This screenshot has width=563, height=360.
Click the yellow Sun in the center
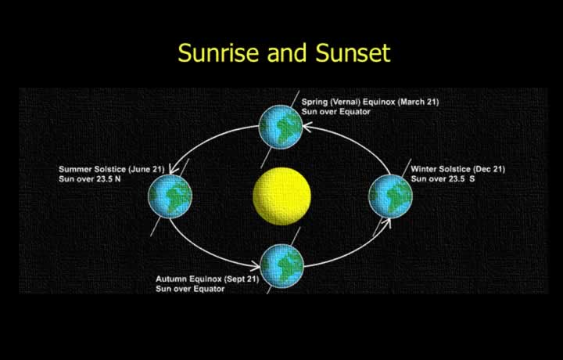coord(281,196)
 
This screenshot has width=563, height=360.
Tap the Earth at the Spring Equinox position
coord(281,128)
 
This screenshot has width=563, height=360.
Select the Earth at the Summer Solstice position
coord(170,196)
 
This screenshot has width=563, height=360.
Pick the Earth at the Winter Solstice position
coord(390,196)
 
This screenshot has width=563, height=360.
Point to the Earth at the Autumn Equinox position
coord(281,266)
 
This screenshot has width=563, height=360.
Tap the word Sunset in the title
coord(353,53)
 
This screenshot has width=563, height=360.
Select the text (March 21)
coord(418,102)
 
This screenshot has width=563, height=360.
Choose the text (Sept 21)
coord(242,279)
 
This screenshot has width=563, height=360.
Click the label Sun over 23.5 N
coord(90,179)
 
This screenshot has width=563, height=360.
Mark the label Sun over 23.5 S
coord(443,179)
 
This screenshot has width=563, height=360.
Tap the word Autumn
coord(171,279)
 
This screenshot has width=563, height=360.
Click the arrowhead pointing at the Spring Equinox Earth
coord(307,127)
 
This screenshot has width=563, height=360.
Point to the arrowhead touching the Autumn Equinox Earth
coord(255,266)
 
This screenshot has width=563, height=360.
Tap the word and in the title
coord(287,53)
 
